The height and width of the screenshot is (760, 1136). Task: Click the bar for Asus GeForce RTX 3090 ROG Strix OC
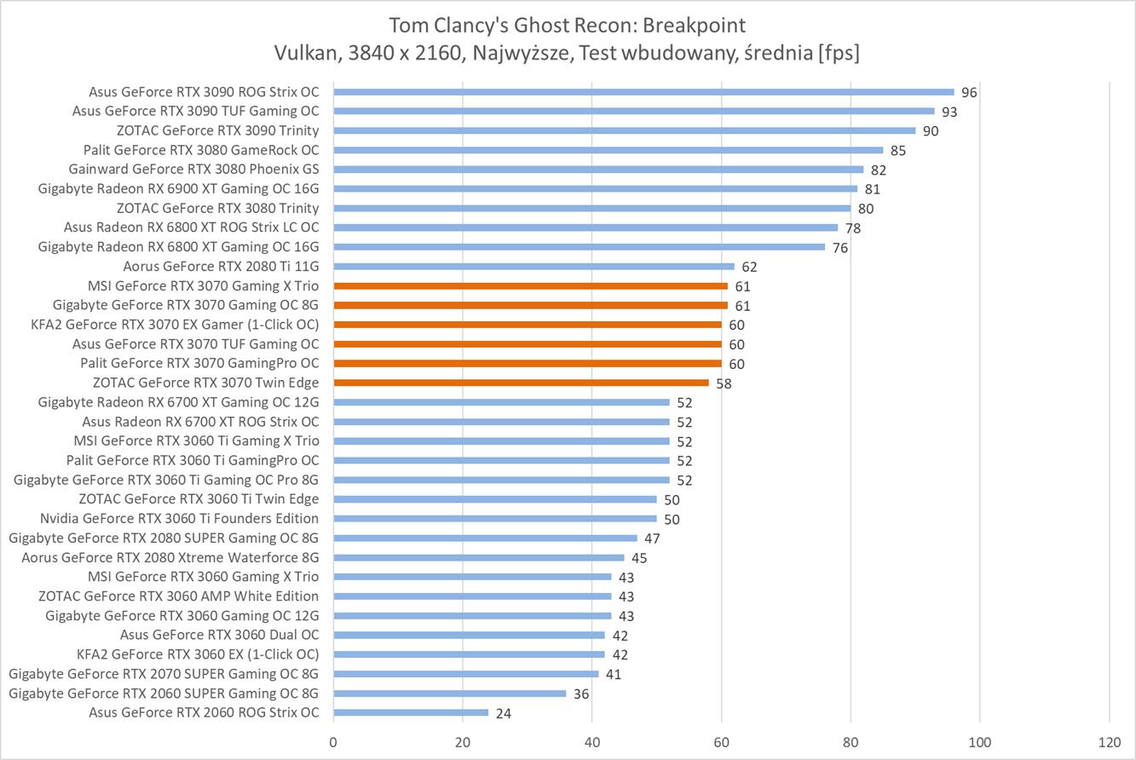[643, 92]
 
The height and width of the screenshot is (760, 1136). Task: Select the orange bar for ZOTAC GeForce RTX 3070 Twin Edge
[521, 383]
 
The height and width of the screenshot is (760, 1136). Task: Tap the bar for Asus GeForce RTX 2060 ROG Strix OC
[411, 712]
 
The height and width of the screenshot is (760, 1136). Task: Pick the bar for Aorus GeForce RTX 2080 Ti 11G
[533, 267]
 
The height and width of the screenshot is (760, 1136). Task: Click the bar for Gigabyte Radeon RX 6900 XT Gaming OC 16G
[595, 189]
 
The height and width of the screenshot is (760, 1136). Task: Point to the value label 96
[969, 93]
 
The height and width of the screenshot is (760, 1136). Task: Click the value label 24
[504, 713]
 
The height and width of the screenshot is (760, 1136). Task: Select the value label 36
[581, 694]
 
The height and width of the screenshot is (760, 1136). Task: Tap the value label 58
[724, 383]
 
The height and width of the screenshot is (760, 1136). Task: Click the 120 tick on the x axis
[1109, 741]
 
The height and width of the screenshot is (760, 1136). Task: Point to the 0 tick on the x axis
[333, 741]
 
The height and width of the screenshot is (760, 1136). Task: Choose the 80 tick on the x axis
[851, 741]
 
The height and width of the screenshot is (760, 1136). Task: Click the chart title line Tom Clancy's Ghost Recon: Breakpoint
[568, 25]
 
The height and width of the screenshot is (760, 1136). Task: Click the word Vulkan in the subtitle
[302, 53]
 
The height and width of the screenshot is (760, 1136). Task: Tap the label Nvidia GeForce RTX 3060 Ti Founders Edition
[179, 518]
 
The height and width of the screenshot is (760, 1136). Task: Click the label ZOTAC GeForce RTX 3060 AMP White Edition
[178, 596]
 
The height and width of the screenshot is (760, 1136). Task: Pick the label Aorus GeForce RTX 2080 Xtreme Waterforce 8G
[170, 557]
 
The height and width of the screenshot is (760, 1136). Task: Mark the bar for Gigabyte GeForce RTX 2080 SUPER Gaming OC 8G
[485, 538]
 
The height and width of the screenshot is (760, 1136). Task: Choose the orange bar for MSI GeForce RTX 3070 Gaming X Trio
[530, 286]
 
